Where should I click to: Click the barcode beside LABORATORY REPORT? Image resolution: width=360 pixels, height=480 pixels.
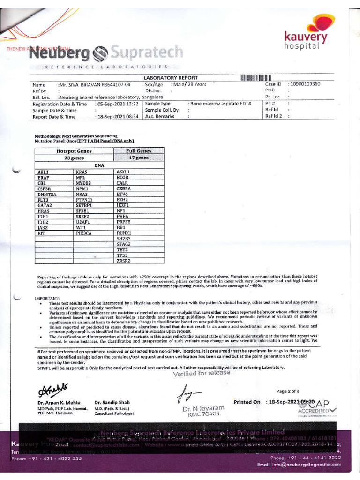(256, 77)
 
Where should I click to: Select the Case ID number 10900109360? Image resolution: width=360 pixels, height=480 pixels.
(305, 84)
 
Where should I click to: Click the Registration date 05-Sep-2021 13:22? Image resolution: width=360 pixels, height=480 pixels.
(117, 104)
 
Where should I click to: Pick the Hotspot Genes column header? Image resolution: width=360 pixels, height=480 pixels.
(74, 151)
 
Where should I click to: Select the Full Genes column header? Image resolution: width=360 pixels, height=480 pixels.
(139, 151)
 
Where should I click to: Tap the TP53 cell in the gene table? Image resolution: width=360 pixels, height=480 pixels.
(123, 255)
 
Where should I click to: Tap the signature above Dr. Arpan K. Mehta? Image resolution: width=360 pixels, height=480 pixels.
(51, 389)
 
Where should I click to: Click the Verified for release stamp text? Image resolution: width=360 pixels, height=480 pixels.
(202, 373)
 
